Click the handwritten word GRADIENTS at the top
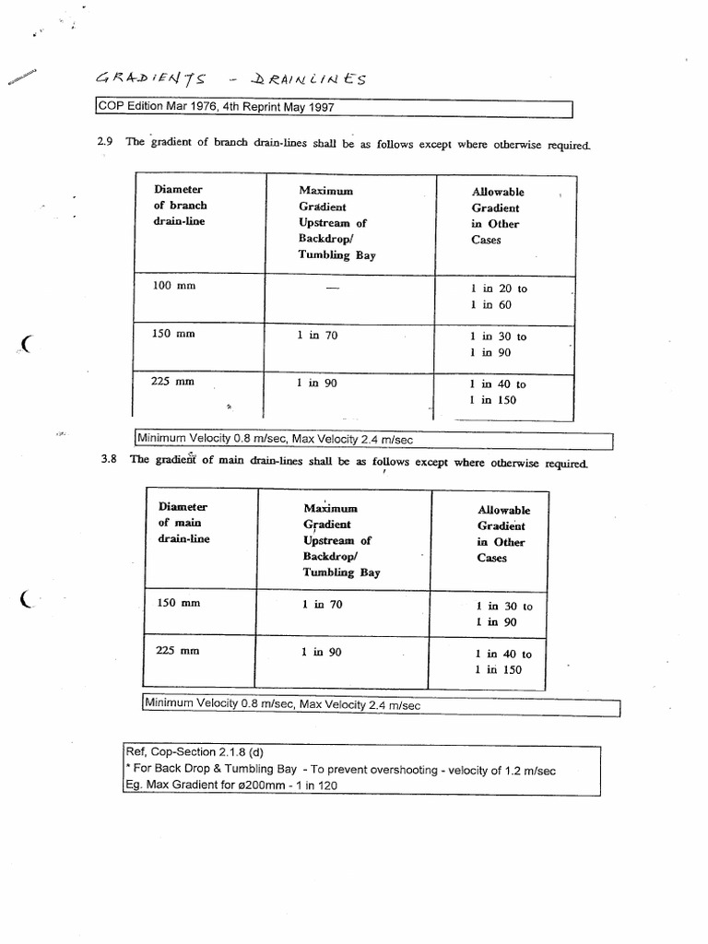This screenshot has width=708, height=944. click(x=149, y=79)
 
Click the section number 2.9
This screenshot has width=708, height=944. click(x=104, y=142)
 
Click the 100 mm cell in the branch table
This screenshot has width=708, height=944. click(x=173, y=286)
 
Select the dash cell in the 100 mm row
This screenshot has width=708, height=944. click(x=332, y=289)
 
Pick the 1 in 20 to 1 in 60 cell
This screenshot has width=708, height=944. click(x=498, y=296)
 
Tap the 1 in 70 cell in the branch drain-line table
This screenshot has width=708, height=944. click(x=317, y=336)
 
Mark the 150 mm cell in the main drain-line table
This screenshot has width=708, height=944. click(x=179, y=603)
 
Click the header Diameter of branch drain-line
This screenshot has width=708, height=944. click(x=181, y=206)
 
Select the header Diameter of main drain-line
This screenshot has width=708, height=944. click(x=183, y=523)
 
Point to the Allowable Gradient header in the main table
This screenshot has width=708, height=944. click(x=503, y=534)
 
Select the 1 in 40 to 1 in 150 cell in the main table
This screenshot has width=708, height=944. click(x=503, y=662)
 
